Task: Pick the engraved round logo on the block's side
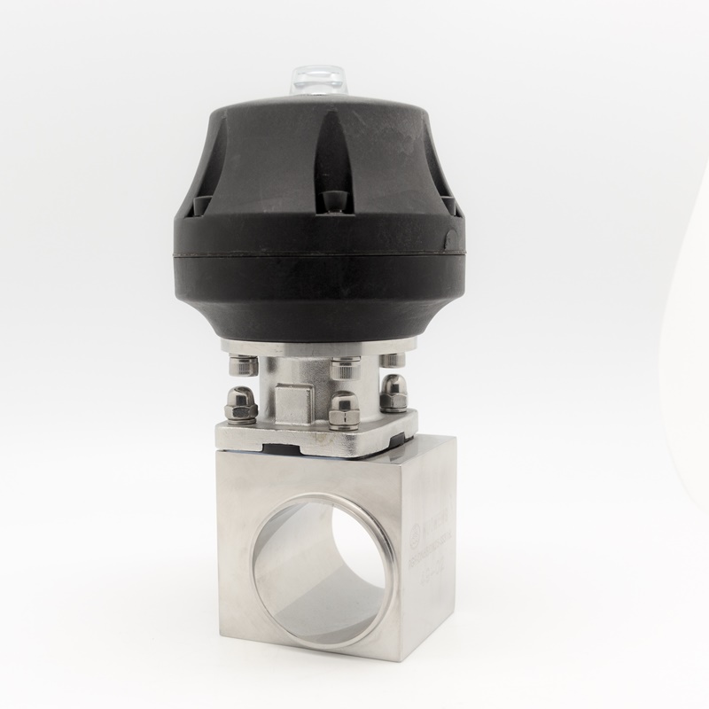pos(417,532)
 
